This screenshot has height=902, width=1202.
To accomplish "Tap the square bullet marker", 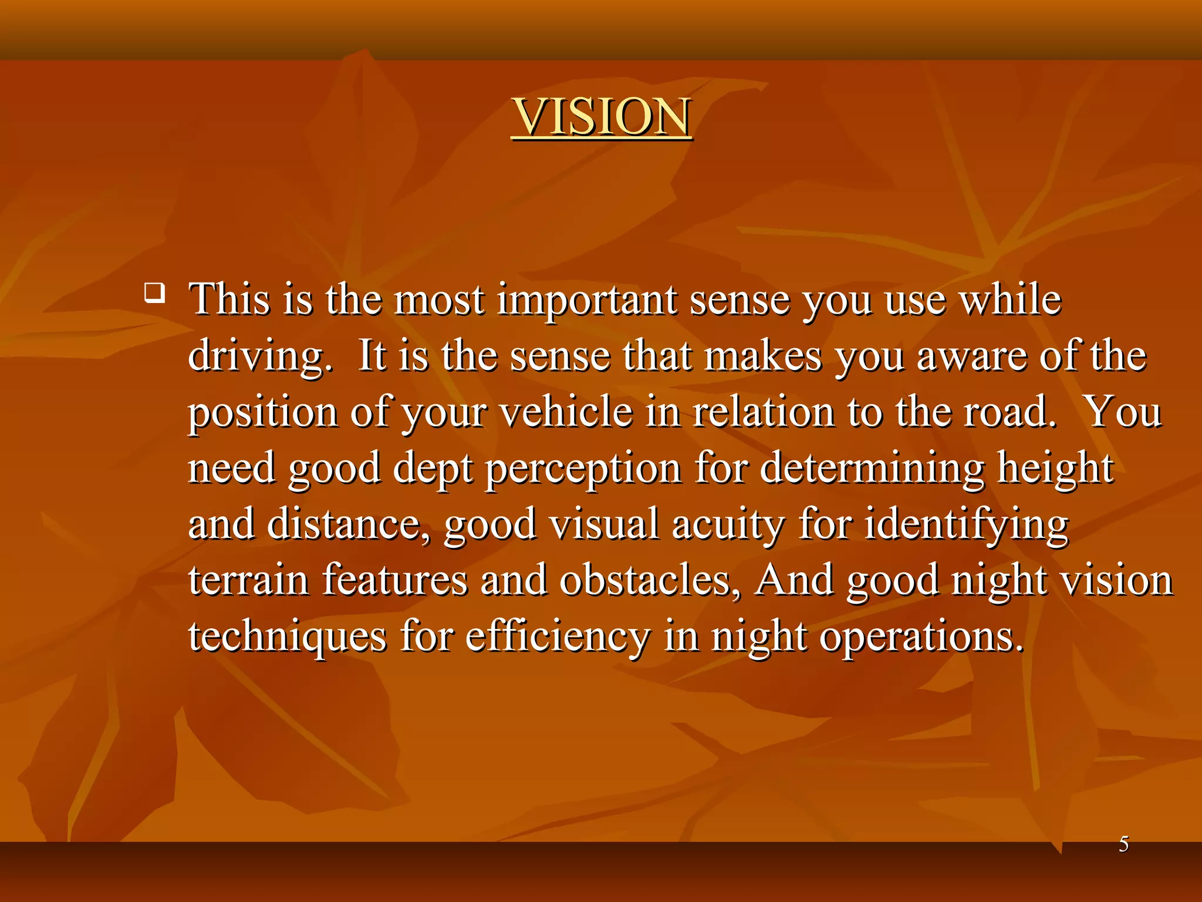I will (154, 292).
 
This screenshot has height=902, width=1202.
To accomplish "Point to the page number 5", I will (1123, 844).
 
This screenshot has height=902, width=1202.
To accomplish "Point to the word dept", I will (433, 469).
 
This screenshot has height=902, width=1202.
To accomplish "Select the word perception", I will (583, 469).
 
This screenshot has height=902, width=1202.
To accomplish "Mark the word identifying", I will (966, 524).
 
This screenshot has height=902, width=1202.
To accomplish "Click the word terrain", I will (248, 580).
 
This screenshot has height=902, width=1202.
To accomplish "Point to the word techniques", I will (287, 637).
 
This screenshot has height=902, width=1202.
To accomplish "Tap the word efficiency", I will (558, 637).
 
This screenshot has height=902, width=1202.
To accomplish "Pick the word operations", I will (921, 637).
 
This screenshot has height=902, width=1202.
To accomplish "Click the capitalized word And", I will (794, 580).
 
